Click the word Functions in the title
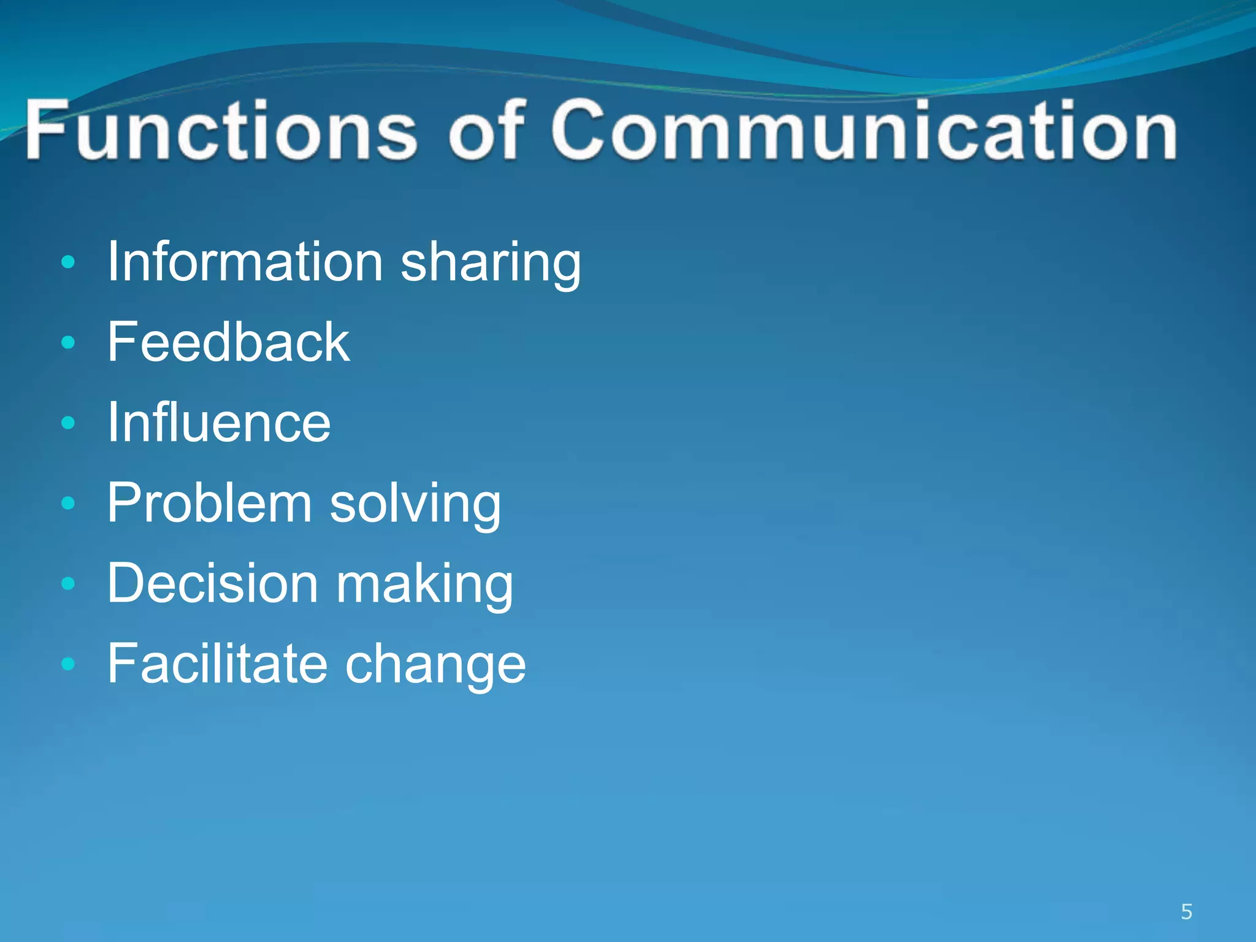pos(221,130)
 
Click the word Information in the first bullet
pos(245,262)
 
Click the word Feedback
pos(228,342)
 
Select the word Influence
pos(219,423)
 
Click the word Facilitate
pos(217,664)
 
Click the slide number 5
pos(1186,912)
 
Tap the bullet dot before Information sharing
pos(68,263)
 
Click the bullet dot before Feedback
pos(68,343)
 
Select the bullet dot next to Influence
pos(68,423)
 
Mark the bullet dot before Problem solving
pos(68,504)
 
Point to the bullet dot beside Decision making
pos(68,584)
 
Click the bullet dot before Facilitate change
pos(68,664)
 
